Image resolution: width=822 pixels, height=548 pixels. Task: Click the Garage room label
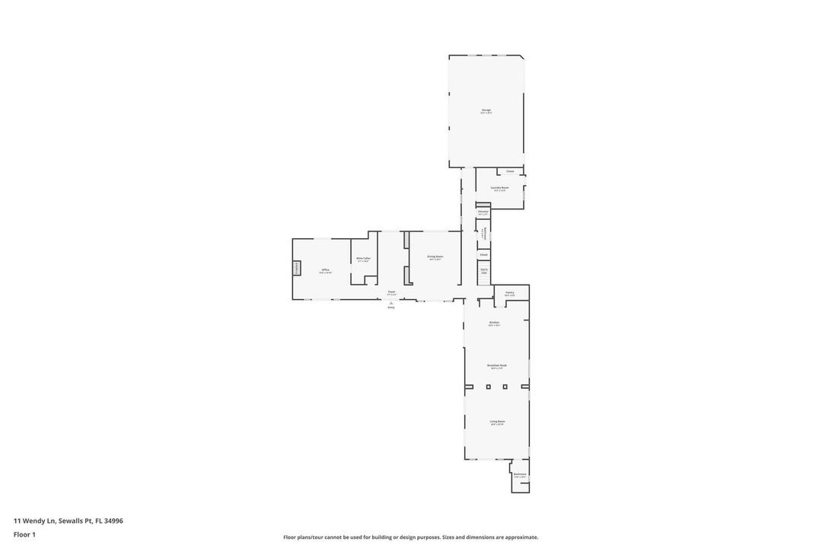coord(486,110)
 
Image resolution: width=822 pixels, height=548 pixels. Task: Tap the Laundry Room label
coord(499,187)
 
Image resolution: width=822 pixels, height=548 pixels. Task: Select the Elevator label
coord(483,212)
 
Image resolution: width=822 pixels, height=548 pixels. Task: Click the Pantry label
coord(509,292)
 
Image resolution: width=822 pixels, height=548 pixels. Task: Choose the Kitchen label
coord(494,323)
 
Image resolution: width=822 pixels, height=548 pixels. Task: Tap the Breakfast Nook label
coord(496,365)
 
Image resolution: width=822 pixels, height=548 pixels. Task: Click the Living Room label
coord(497,422)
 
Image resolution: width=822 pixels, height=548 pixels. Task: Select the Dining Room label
coord(435,256)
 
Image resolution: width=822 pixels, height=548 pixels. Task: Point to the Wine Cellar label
coord(364,259)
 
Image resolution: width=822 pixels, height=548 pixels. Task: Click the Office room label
coord(325,270)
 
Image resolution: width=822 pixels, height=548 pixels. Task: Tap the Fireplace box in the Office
coord(297,268)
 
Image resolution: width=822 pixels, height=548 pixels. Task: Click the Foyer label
coord(391,292)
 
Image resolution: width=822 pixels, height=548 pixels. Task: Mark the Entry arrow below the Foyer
coord(391,303)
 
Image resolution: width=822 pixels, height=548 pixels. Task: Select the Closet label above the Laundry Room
coord(510,171)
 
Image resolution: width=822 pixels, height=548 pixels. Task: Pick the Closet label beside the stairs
coord(483,254)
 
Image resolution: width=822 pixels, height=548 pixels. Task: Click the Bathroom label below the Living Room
coord(520,474)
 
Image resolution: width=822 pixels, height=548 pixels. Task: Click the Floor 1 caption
coord(24,534)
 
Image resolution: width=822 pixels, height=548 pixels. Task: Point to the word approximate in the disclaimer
coord(521,537)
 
